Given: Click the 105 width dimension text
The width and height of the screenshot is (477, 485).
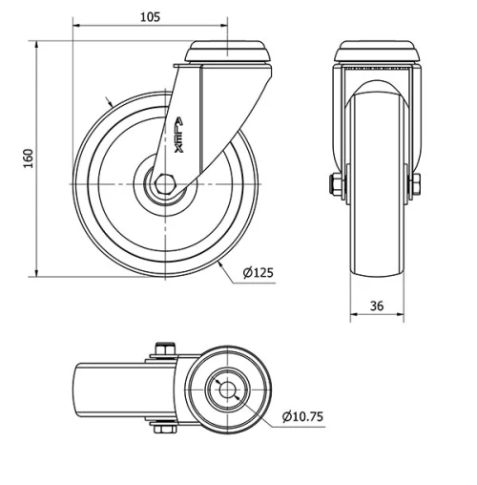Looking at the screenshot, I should [150, 17].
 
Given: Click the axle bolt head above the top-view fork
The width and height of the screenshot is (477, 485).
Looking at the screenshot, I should [160, 348].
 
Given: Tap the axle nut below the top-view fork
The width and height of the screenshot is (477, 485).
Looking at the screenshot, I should [160, 431].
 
